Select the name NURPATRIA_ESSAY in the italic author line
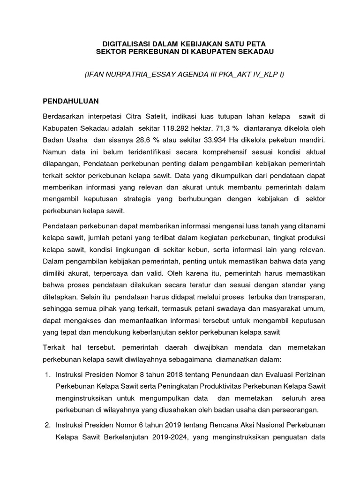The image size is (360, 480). click(136, 75)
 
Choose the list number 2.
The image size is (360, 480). click(47, 425)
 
